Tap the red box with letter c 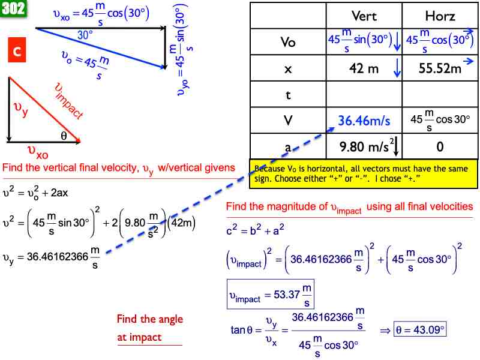[x=17, y=51]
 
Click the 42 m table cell [x=364, y=68]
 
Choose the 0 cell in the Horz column [x=439, y=145]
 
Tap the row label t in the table [x=288, y=95]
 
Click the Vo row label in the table [x=288, y=43]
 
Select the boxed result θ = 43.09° [x=421, y=329]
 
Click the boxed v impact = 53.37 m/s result [x=270, y=295]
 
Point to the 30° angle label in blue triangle [x=85, y=35]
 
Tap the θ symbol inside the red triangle [x=64, y=136]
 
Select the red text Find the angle [x=150, y=319]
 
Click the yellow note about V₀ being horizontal [x=364, y=173]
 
